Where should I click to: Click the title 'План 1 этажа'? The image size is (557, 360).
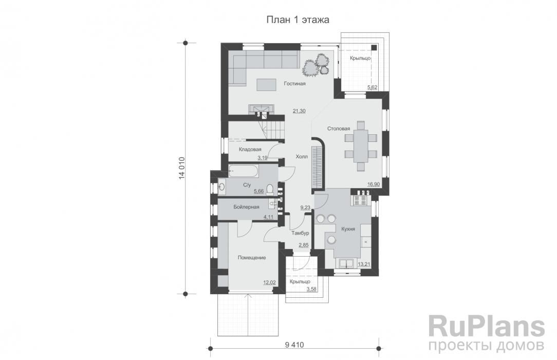point(298,20)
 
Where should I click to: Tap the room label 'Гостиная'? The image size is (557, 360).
point(294,84)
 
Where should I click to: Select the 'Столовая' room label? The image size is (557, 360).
point(339,129)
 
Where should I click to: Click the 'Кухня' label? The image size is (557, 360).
point(348,229)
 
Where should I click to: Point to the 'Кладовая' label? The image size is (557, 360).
point(250,149)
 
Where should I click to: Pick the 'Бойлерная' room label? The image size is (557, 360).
point(246,207)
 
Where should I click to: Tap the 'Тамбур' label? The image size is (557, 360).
point(300,233)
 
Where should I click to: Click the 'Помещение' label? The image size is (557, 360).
point(252,258)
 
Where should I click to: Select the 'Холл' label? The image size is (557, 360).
point(302,157)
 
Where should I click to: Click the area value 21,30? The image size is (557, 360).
point(299,111)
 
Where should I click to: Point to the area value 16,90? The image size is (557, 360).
point(374,184)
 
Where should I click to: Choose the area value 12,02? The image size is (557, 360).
point(269,283)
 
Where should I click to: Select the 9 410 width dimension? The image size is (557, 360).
point(294,345)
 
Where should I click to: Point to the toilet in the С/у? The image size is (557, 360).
point(270,189)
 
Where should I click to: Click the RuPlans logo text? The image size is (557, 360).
point(486,327)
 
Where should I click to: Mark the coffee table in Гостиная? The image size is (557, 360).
point(266,84)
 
